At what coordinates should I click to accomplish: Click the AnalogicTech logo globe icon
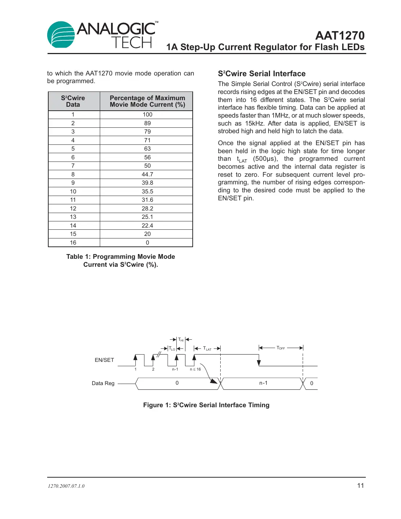(61, 35)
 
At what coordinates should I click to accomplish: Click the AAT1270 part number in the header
(340, 36)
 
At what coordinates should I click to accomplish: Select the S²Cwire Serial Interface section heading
(262, 74)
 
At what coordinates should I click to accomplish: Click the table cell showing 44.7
(147, 174)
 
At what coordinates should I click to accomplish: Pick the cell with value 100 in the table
(147, 115)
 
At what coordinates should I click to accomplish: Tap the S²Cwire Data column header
(73, 101)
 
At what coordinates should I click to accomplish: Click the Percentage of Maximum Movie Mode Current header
(147, 101)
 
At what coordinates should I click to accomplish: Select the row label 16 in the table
(73, 242)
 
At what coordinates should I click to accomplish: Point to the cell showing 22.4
(147, 225)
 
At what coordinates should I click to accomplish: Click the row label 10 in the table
(73, 191)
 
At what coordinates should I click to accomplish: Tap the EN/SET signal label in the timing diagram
(104, 360)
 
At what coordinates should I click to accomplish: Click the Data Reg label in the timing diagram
(103, 383)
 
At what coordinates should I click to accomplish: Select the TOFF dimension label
(281, 348)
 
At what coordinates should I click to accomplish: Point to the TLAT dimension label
(207, 348)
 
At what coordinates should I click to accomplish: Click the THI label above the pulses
(181, 340)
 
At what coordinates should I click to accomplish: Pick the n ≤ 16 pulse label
(195, 369)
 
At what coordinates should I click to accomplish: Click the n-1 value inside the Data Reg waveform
(263, 383)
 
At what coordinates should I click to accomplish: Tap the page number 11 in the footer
(360, 486)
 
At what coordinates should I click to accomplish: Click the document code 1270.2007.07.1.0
(66, 486)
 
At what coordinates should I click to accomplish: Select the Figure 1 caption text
(206, 405)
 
